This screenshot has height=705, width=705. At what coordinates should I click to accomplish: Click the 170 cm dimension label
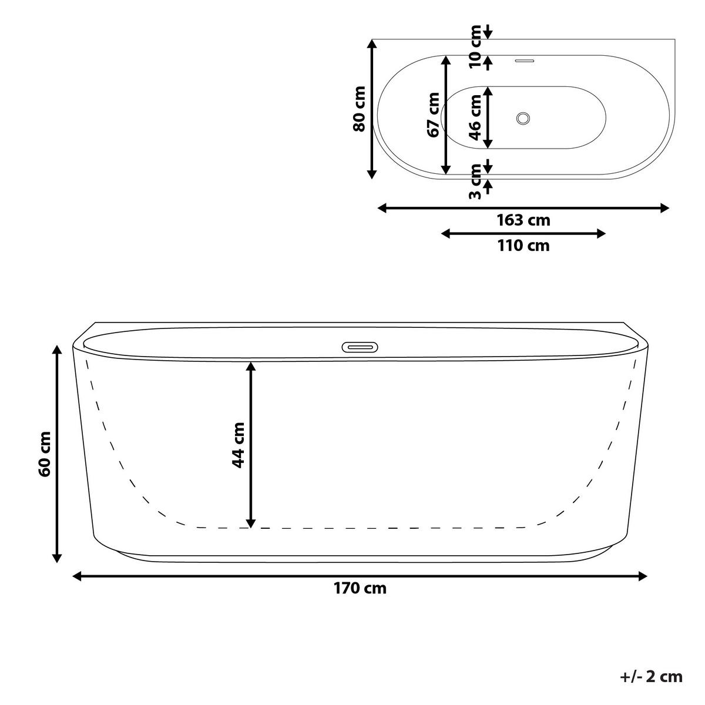[360, 588]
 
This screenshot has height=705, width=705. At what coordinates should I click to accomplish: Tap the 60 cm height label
[45, 454]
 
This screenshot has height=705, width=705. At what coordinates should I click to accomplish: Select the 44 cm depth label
[238, 445]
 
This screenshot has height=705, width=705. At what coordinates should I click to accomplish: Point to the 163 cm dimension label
[523, 220]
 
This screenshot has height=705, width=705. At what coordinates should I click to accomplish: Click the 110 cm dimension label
[523, 246]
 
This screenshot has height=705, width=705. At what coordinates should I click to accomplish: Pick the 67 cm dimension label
[433, 115]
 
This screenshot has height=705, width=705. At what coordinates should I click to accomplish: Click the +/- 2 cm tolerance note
[651, 677]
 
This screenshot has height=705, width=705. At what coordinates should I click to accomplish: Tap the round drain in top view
[523, 118]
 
